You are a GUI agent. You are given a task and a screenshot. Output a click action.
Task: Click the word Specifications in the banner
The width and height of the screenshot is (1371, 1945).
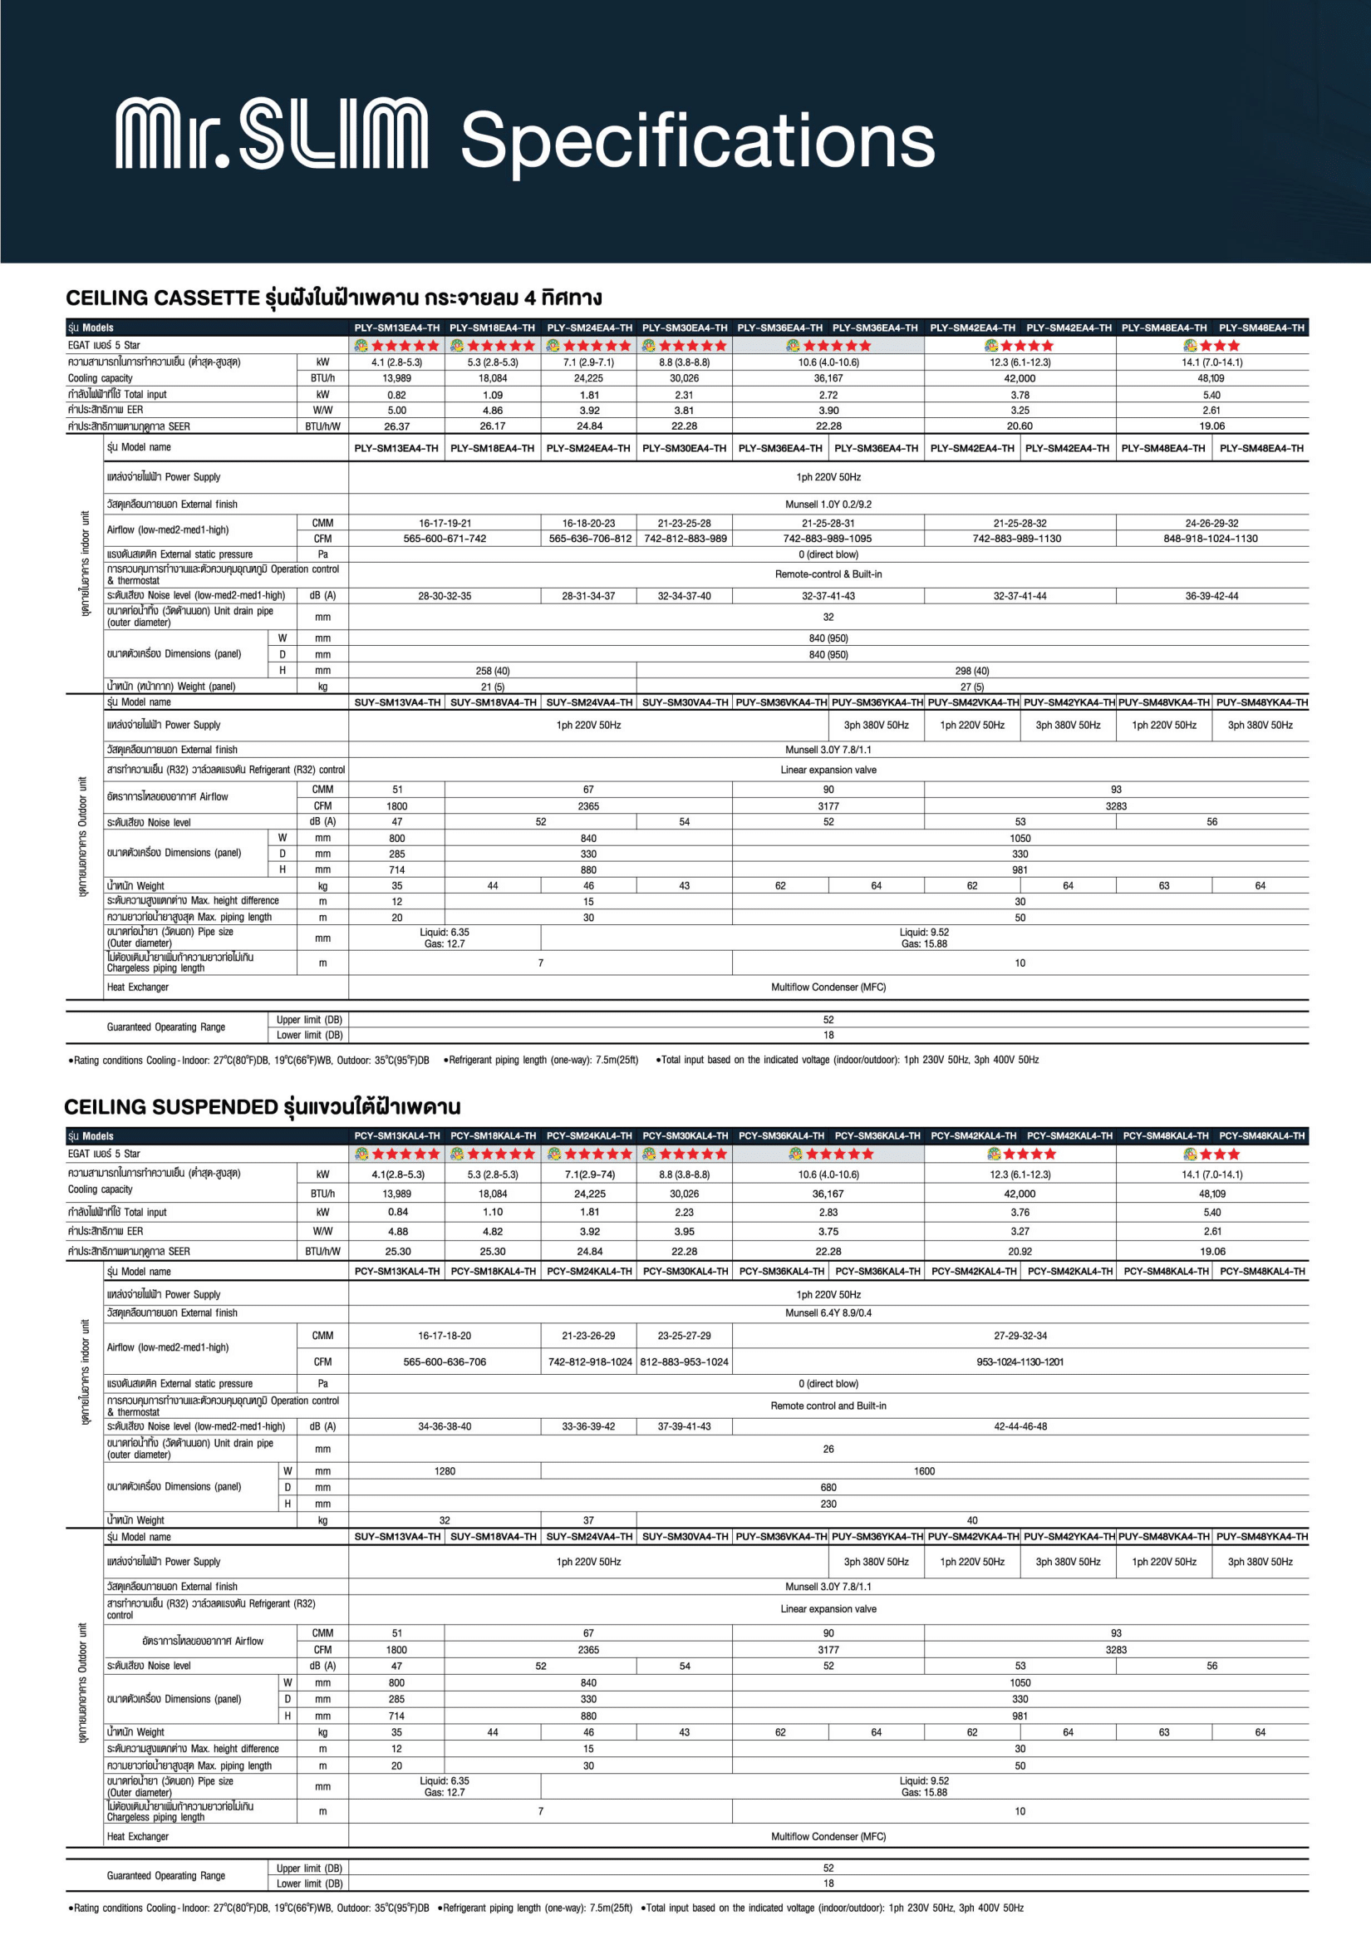697,140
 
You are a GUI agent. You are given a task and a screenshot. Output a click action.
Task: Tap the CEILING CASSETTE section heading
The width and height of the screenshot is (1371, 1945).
334,298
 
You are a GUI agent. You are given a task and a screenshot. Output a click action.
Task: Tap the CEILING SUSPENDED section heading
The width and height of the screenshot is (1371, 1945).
263,1106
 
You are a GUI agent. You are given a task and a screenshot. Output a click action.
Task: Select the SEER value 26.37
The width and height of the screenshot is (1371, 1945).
396,426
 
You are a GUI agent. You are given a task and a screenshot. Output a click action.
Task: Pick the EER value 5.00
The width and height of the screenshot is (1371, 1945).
396,410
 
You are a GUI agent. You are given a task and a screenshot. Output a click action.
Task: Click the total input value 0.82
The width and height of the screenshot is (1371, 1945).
396,395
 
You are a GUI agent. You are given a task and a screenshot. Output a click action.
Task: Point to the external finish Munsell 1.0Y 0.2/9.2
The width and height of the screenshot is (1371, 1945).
828,504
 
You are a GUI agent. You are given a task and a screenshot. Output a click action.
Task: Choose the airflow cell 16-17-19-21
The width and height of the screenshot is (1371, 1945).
445,524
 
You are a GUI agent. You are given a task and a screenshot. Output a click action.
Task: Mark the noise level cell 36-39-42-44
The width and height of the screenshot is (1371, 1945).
1211,595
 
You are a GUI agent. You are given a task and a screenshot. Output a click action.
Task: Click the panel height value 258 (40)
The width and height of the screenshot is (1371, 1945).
492,670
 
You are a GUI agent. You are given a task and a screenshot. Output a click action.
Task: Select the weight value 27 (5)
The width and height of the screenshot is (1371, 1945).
971,687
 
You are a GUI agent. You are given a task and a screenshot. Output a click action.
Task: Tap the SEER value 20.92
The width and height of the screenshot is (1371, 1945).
1020,1251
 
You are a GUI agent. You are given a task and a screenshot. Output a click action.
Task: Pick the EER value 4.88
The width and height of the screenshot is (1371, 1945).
397,1231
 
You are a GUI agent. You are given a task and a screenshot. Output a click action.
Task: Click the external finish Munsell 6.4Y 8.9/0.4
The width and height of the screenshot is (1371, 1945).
828,1312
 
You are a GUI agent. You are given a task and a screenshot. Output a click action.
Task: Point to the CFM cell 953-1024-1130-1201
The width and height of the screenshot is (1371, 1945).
1020,1362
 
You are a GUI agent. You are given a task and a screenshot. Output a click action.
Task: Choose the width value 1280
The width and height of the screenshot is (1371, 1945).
445,1471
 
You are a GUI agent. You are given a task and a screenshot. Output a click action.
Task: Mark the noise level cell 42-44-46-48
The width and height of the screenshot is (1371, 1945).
1020,1426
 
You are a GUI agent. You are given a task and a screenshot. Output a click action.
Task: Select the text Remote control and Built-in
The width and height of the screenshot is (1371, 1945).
828,1406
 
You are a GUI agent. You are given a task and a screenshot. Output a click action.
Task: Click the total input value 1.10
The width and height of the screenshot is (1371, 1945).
492,1212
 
